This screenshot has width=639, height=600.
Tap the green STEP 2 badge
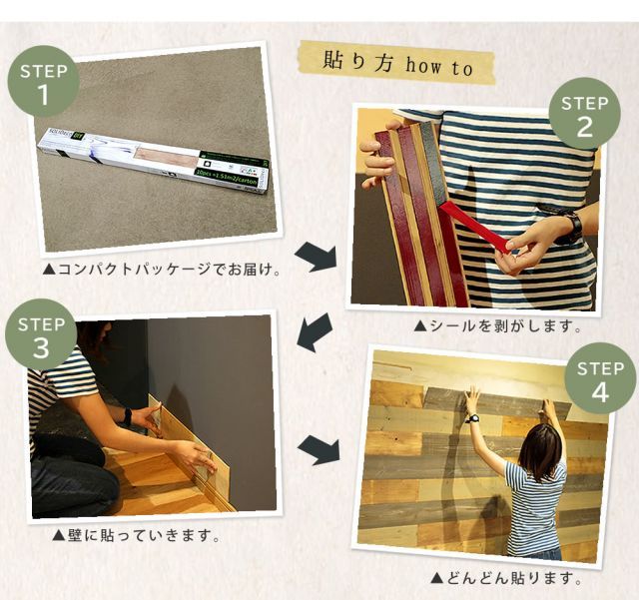tap(584, 114)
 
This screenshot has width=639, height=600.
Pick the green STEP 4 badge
tap(599, 380)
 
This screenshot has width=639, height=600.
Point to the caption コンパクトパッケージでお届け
tap(161, 270)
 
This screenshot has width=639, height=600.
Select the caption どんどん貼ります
tap(505, 578)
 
